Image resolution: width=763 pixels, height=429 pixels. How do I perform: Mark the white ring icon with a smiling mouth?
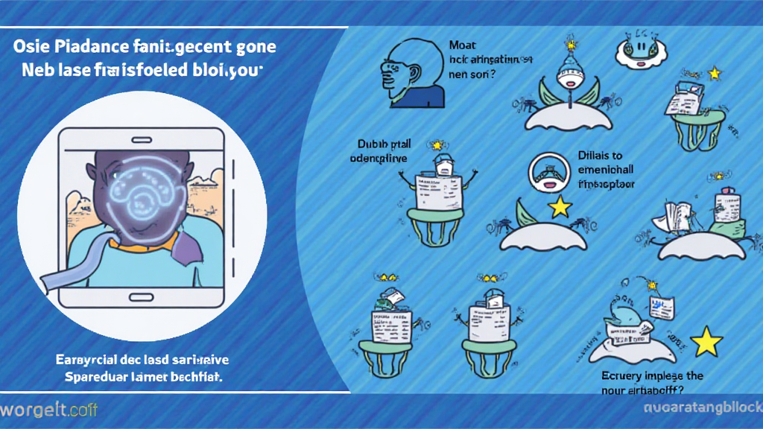coord(550,173)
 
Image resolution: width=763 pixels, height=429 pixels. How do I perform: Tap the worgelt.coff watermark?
coord(48,410)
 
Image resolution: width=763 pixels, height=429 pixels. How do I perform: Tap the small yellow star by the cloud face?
coord(716,73)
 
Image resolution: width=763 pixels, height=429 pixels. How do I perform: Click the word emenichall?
coord(606,170)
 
